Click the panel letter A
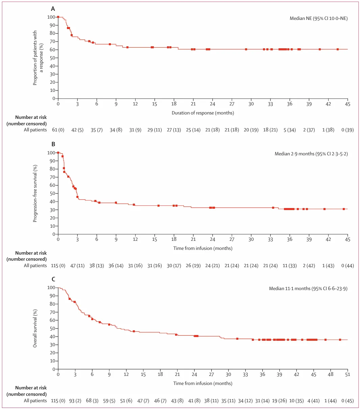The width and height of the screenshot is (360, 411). click(x=53, y=9)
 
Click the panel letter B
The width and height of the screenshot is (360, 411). click(x=53, y=144)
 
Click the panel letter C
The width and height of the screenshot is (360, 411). click(x=53, y=279)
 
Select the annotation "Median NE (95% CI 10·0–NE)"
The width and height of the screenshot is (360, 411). click(x=318, y=19)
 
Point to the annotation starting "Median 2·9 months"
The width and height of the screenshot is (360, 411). click(x=311, y=154)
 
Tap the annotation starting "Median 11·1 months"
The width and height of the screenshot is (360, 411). click(x=308, y=289)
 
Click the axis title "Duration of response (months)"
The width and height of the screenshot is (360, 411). click(x=203, y=113)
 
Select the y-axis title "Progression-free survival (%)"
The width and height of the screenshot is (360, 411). click(x=35, y=194)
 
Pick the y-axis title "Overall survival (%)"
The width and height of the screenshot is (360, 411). click(x=35, y=328)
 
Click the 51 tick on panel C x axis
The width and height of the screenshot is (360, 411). click(x=347, y=374)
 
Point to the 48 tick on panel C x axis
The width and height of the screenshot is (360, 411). click(x=331, y=374)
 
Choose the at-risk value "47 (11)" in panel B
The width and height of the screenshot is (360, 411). click(x=77, y=266)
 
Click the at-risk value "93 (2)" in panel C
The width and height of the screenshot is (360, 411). click(x=75, y=401)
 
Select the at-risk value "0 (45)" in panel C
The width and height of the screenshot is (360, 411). click(x=347, y=401)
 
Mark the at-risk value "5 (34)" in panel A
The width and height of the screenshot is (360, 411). click(x=290, y=130)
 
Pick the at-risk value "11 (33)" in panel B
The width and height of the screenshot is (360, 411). click(x=290, y=266)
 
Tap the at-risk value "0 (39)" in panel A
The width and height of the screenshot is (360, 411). click(x=347, y=130)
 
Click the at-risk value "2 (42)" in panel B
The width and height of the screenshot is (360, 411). click(x=309, y=266)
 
